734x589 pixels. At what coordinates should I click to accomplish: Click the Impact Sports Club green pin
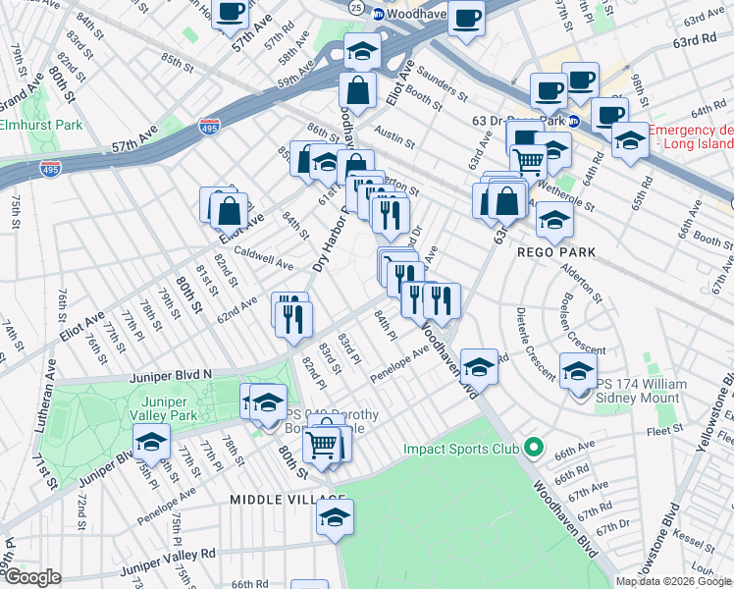pyautogui.click(x=534, y=450)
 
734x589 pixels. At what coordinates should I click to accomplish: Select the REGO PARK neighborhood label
pyautogui.click(x=556, y=252)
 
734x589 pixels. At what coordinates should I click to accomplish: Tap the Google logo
pyautogui.click(x=32, y=577)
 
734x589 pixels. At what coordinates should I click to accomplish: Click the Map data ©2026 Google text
pyautogui.click(x=674, y=581)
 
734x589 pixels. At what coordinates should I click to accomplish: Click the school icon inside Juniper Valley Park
pyautogui.click(x=151, y=445)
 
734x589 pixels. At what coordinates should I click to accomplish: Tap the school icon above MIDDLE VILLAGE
pyautogui.click(x=335, y=517)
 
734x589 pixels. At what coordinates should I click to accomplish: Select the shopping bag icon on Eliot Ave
pyautogui.click(x=229, y=209)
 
